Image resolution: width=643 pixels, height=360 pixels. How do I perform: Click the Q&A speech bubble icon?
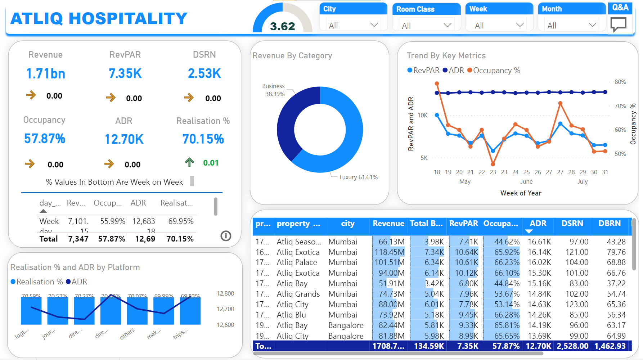pyautogui.click(x=618, y=24)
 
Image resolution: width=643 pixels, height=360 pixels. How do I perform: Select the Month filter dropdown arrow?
pyautogui.click(x=592, y=25)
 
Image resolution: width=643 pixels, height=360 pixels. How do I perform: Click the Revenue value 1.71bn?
pyautogui.click(x=46, y=74)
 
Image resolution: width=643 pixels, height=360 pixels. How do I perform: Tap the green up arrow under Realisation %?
pyautogui.click(x=189, y=162)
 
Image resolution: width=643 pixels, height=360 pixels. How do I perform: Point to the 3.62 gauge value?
pyautogui.click(x=283, y=26)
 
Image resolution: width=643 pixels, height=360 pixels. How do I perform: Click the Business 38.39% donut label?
pyautogui.click(x=274, y=90)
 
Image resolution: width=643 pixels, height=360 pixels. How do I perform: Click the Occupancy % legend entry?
pyautogui.click(x=494, y=71)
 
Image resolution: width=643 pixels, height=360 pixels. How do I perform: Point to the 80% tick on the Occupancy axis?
pyautogui.click(x=620, y=82)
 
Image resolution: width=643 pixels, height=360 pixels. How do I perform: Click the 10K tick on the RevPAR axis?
pyautogui.click(x=423, y=116)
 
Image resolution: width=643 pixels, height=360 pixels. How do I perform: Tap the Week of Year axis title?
pyautogui.click(x=521, y=193)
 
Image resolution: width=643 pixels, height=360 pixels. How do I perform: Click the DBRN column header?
pyautogui.click(x=610, y=224)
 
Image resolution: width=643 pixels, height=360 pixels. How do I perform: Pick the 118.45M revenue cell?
pyautogui.click(x=390, y=252)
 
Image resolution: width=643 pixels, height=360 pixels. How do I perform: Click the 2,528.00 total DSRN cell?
pyautogui.click(x=572, y=346)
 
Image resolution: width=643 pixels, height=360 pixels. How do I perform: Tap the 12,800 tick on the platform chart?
pyautogui.click(x=225, y=294)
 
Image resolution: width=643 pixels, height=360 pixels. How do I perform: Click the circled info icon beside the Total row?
pyautogui.click(x=226, y=236)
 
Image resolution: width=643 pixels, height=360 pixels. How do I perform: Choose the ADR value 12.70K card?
pyautogui.click(x=124, y=139)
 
